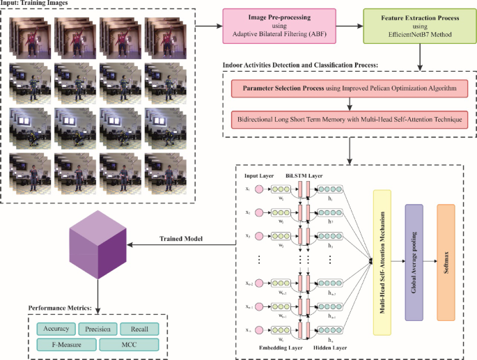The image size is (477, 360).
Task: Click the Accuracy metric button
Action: [54, 329]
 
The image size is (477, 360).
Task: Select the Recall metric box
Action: [139, 329]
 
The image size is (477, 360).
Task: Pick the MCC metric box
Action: [130, 344]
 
